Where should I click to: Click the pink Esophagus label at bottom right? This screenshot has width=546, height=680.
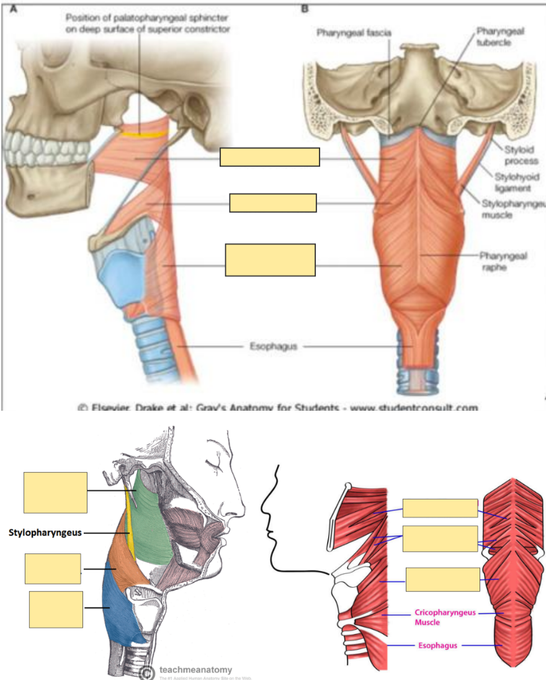coord(437,645)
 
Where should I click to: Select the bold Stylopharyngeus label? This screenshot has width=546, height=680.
coord(45,532)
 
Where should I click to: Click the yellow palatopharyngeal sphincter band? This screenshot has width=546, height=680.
coord(143,133)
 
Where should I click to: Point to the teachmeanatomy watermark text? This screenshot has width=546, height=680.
coord(195,669)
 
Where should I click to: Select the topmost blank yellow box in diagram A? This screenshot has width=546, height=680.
coord(269,158)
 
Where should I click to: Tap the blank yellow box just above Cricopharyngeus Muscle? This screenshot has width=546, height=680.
coord(442,579)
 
